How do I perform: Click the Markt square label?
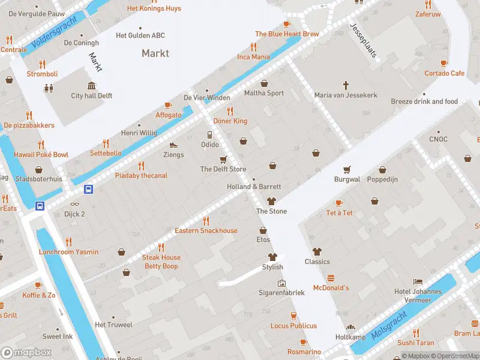(x=155, y=53)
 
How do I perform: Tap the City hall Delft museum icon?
(x=92, y=86)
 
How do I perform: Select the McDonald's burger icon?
(x=331, y=278)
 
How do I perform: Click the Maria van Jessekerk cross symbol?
(x=346, y=86)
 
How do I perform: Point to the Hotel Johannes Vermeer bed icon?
(x=418, y=282)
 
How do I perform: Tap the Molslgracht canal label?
(x=389, y=325)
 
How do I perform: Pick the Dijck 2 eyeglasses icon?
(x=75, y=204)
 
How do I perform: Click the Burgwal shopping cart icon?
(x=346, y=170)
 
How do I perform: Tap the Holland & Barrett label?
(x=254, y=187)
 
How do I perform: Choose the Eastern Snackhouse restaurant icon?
(x=206, y=221)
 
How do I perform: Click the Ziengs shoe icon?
(x=173, y=145)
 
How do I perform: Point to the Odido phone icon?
(x=209, y=135)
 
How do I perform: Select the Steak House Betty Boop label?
(x=161, y=262)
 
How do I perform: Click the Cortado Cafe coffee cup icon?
(x=444, y=63)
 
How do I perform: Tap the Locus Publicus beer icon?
(x=293, y=316)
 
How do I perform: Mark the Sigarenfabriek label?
(x=282, y=293)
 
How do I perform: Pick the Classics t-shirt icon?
(x=317, y=252)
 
